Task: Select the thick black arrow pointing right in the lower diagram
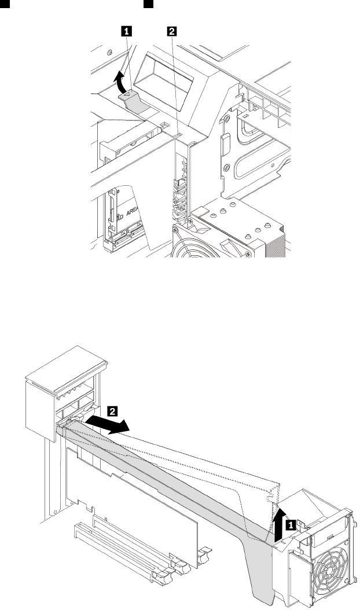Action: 106,424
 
